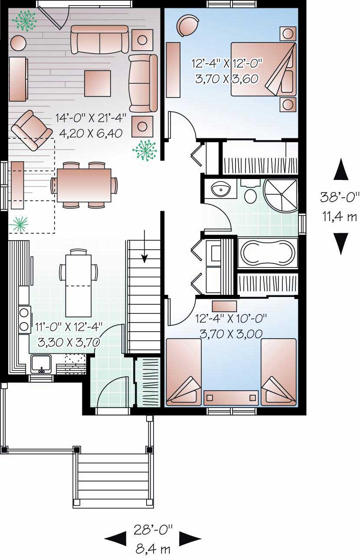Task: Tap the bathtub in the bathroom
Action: click(x=267, y=253)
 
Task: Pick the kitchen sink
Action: click(x=41, y=363)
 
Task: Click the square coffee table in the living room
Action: click(x=97, y=83)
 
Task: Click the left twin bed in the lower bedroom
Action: click(x=183, y=372)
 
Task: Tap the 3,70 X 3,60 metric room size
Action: click(x=227, y=78)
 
